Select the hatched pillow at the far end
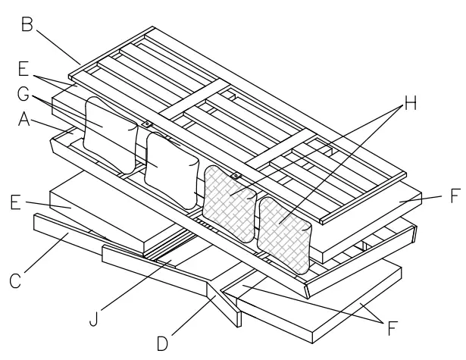[x=285, y=232]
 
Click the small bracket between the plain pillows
[x=147, y=124]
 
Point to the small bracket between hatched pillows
[x=236, y=176]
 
